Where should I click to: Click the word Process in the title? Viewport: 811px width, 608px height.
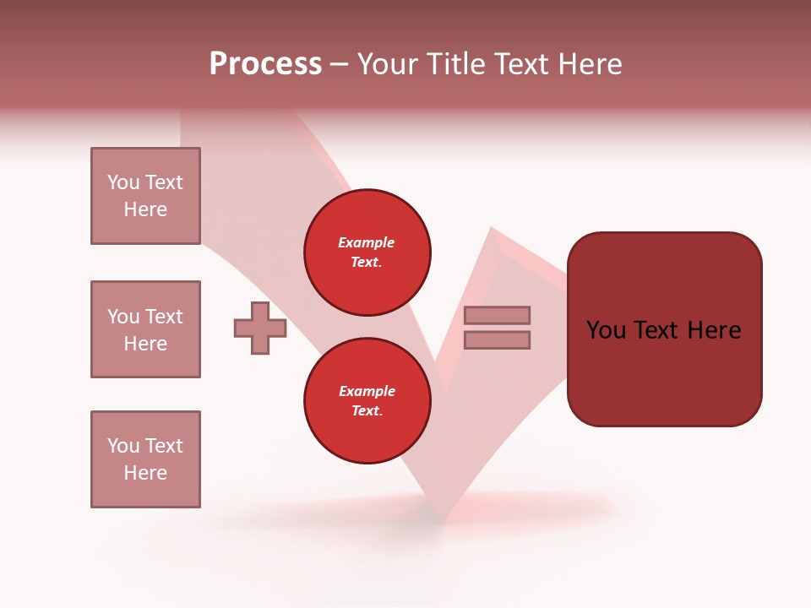pos(265,64)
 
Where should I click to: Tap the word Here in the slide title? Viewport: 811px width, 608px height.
pos(587,64)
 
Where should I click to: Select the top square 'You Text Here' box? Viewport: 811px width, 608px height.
pos(145,196)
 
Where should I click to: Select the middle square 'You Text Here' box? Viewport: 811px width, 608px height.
pos(145,329)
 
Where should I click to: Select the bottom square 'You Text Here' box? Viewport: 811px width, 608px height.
pos(145,459)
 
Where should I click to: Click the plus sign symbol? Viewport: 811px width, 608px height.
pos(260,328)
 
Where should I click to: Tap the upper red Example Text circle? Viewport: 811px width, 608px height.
pos(367,252)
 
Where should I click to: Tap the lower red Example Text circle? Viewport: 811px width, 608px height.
pos(367,401)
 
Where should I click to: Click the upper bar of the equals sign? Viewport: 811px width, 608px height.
pos(498,315)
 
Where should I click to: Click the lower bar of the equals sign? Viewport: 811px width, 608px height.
pos(498,339)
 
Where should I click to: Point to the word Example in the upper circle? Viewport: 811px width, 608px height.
pos(367,242)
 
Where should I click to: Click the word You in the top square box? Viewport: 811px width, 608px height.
pos(123,182)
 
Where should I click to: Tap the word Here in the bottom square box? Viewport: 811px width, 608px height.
pos(145,473)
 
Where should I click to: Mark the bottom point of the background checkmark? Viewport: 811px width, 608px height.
pos(440,518)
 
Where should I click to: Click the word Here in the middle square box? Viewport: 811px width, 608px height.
pos(145,344)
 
